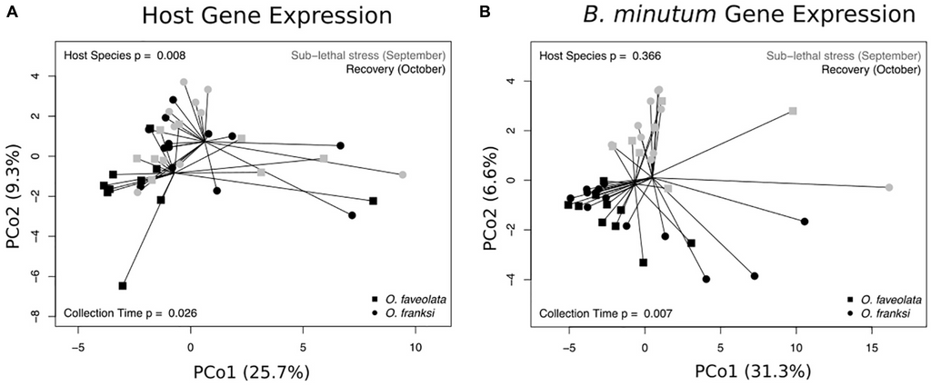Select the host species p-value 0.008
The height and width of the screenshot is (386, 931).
pyautogui.click(x=173, y=56)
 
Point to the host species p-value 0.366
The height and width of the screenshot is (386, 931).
pyautogui.click(x=646, y=56)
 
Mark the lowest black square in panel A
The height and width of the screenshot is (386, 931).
pyautogui.click(x=123, y=286)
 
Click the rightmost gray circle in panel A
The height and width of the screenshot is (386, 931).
pyautogui.click(x=403, y=174)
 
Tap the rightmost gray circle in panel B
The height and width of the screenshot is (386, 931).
pyautogui.click(x=889, y=187)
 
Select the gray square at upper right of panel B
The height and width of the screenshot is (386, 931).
pyautogui.click(x=793, y=111)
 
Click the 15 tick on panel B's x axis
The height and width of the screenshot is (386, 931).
pyautogui.click(x=873, y=346)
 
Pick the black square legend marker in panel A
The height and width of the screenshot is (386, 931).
pyautogui.click(x=375, y=299)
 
